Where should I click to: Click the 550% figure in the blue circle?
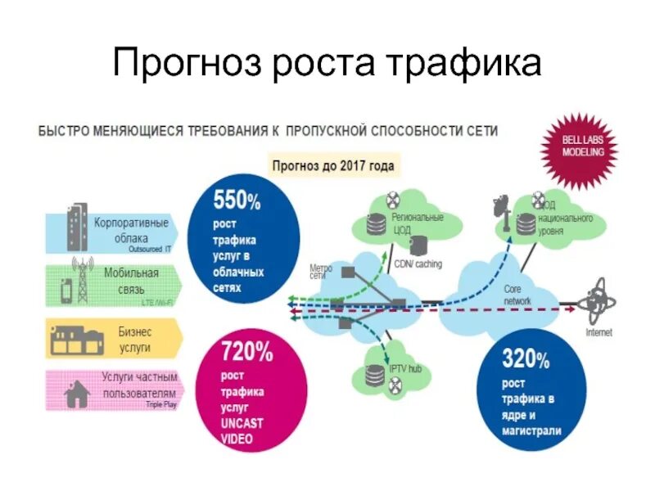[237, 200]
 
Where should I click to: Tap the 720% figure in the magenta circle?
[247, 354]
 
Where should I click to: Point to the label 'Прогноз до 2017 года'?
[333, 165]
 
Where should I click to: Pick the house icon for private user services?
[76, 394]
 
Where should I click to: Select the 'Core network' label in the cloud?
[517, 295]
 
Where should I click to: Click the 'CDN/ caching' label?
[418, 264]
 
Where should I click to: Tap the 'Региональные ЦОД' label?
[418, 223]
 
